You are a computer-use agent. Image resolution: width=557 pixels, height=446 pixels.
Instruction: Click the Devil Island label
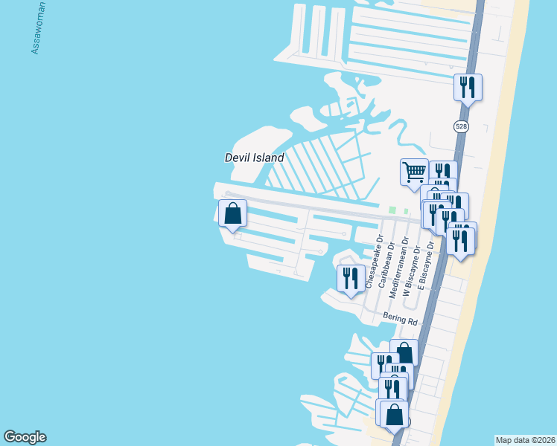coord(255,158)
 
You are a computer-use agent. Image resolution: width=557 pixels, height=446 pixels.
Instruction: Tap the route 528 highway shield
coord(462,127)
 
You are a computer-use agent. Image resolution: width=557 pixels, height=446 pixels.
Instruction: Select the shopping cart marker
coord(414,172)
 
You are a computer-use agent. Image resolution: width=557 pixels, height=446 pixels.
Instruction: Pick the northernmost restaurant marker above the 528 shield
coord(468,87)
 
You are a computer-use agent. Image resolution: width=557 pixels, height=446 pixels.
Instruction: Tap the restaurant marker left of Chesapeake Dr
coord(351,278)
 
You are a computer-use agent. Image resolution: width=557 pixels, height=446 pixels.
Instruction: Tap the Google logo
coord(25,437)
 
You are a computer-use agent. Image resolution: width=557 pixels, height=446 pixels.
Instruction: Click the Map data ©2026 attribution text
coord(525,439)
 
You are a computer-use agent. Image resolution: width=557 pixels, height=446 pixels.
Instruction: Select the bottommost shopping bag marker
coord(395,414)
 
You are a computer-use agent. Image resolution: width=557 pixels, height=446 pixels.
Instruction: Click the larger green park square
coord(392,210)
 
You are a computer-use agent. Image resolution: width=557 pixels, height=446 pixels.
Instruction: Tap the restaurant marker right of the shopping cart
coord(443,172)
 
